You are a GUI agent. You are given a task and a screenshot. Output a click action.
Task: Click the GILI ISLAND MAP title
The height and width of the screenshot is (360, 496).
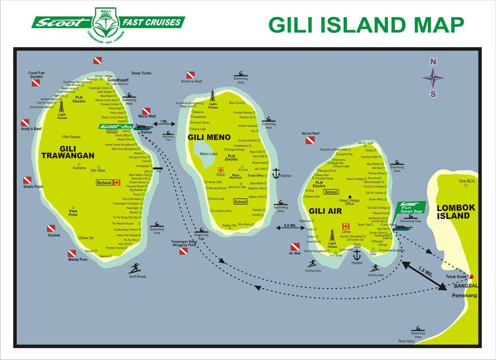[x=365, y=24]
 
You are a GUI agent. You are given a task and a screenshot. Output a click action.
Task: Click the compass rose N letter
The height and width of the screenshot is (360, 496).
[x=433, y=61]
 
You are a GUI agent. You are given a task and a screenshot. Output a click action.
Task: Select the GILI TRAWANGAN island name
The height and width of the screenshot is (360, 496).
[x=68, y=152]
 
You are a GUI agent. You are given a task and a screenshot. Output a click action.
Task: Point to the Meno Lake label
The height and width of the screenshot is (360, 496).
[x=208, y=154]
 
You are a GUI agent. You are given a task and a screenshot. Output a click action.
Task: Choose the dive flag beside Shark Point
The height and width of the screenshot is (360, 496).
[x=27, y=180]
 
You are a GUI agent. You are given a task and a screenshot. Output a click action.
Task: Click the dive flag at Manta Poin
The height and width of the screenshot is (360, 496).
[x=72, y=253]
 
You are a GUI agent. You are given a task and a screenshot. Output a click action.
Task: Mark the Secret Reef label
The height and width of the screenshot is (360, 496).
[x=310, y=133]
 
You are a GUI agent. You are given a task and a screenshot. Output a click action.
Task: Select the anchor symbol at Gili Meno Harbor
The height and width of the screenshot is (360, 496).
[x=276, y=173]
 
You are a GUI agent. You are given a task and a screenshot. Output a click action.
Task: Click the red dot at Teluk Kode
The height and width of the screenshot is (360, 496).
[x=471, y=276]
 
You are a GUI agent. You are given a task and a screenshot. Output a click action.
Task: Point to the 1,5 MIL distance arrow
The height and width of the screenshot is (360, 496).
[x=424, y=273]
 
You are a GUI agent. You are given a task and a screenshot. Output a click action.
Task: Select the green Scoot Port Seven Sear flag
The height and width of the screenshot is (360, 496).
[x=410, y=207]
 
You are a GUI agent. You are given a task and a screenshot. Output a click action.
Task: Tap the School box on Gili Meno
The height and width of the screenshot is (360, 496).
[x=240, y=202]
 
